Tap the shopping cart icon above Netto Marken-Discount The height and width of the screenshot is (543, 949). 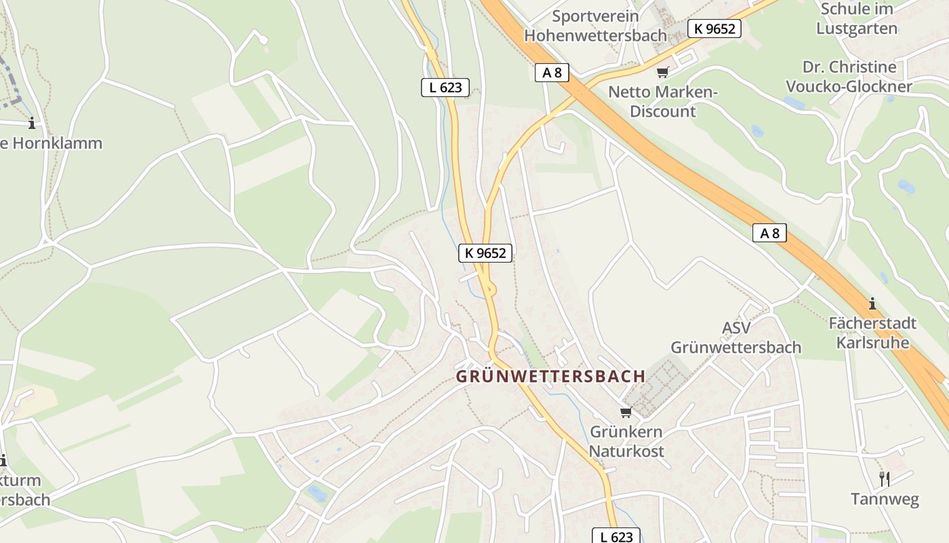click(x=662, y=72)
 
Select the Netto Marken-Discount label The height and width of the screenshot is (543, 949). click(x=662, y=102)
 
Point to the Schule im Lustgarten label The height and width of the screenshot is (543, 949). click(x=856, y=19)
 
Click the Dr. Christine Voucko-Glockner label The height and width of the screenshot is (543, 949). click(x=849, y=77)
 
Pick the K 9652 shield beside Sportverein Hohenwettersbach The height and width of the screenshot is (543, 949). click(x=714, y=29)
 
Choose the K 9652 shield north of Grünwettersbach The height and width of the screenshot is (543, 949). click(x=485, y=252)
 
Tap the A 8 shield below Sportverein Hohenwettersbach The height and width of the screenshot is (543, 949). click(x=552, y=72)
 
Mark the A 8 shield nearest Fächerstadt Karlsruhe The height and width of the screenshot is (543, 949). click(x=769, y=233)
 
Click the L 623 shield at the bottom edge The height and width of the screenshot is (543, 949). click(x=616, y=536)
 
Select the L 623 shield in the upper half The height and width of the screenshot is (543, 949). click(x=445, y=87)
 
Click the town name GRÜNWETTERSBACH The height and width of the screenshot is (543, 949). click(x=550, y=376)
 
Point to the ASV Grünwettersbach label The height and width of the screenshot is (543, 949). click(x=735, y=337)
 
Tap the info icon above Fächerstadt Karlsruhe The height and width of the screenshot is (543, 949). click(x=872, y=303)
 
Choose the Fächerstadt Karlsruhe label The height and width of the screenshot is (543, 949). click(x=872, y=333)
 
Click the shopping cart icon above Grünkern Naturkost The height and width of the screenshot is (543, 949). click(x=626, y=412)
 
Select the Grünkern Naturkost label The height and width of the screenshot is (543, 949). click(x=626, y=441)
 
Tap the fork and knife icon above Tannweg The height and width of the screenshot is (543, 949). click(x=885, y=479)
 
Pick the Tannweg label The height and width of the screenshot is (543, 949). click(x=885, y=500)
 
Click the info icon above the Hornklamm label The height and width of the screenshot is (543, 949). click(x=31, y=123)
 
